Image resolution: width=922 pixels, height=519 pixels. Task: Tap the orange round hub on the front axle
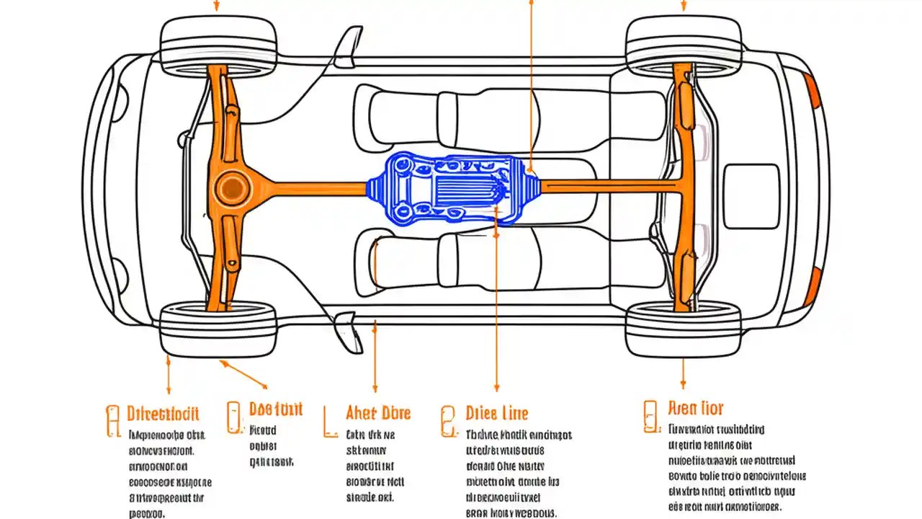tap(232, 188)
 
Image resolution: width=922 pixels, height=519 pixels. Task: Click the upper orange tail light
tap(813, 91)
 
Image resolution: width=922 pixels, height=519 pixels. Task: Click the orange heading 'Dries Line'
tap(496, 413)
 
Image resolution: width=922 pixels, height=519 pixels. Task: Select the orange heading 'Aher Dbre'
tap(377, 412)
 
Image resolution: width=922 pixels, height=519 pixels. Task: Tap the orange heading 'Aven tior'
tap(695, 409)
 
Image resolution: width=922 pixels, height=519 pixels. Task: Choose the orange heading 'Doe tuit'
tap(275, 409)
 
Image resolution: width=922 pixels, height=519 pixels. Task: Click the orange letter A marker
tap(112, 421)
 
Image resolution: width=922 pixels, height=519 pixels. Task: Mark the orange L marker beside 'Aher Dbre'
tap(329, 422)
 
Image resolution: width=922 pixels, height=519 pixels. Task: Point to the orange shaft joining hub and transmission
tap(310, 189)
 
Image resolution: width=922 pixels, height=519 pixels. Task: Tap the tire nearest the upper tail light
tap(683, 45)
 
